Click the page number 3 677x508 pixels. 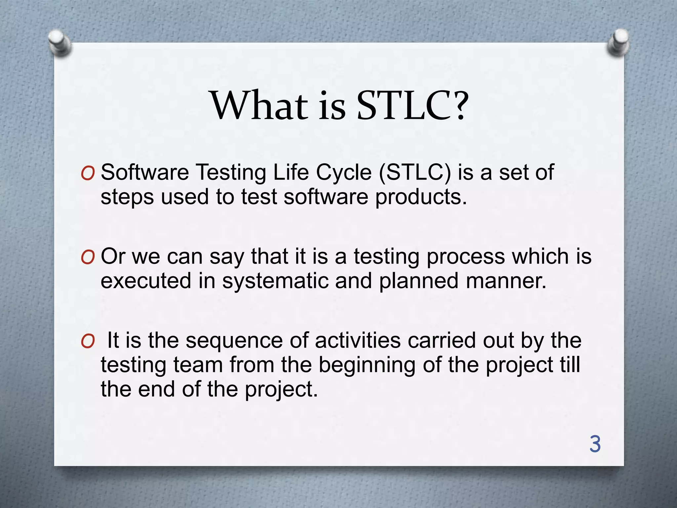click(595, 444)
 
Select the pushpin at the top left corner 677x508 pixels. click(60, 43)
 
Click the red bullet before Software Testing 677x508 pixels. click(88, 174)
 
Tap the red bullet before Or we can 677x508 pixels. click(88, 257)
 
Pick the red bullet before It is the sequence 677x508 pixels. click(88, 341)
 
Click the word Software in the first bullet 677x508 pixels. click(144, 172)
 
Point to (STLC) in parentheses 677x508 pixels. click(415, 173)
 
